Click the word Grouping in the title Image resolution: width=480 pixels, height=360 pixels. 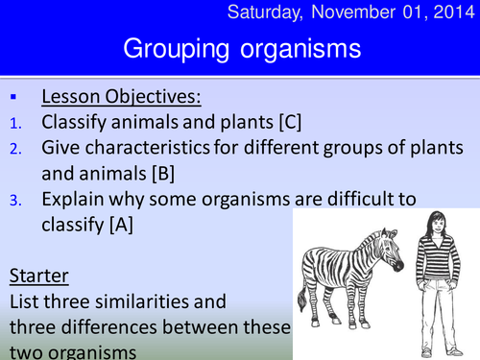pyautogui.click(x=173, y=49)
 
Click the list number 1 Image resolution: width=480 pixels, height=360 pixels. pyautogui.click(x=12, y=123)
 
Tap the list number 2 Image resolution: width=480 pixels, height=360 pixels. pyautogui.click(x=12, y=149)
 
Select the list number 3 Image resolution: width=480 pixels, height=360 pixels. pyautogui.click(x=12, y=201)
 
